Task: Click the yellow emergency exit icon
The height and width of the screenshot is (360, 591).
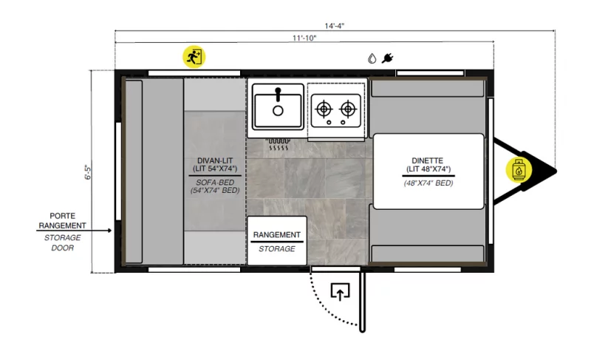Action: [x=194, y=56]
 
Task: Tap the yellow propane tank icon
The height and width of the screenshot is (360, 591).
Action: [x=519, y=169]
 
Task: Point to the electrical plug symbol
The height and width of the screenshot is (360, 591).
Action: [x=386, y=58]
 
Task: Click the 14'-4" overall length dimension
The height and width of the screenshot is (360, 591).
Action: [x=334, y=26]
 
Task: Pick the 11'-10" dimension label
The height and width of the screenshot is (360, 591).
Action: [x=304, y=38]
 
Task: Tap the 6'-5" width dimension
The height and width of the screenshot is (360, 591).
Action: [x=86, y=171]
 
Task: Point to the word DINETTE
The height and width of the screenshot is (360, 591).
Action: [x=428, y=160]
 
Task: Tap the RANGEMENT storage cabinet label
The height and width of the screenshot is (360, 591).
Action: [x=277, y=235]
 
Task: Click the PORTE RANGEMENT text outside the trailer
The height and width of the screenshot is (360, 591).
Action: [x=62, y=220]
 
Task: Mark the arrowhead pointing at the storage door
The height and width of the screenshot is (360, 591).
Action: [x=109, y=231]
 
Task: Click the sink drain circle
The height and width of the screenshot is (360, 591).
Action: [x=278, y=112]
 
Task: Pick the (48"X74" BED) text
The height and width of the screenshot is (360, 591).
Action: [x=428, y=183]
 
